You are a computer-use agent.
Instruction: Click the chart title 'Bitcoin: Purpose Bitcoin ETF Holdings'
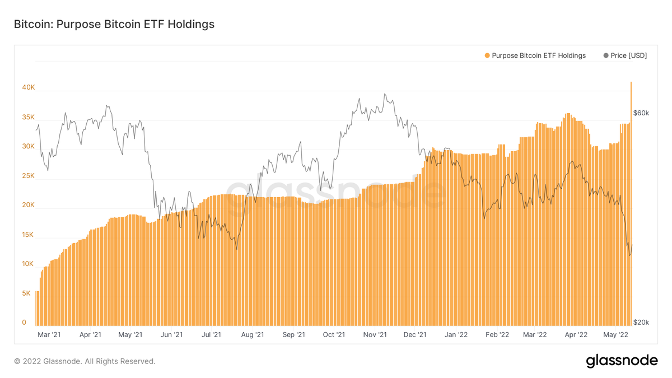pyautogui.click(x=114, y=25)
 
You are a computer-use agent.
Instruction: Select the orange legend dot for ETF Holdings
pyautogui.click(x=487, y=55)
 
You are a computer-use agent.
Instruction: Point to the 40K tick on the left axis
pyautogui.click(x=28, y=88)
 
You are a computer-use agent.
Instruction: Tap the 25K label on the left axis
pyautogui.click(x=28, y=176)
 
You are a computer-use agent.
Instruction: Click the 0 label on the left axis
pyautogui.click(x=24, y=322)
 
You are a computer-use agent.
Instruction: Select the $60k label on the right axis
pyautogui.click(x=641, y=113)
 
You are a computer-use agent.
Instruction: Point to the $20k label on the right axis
pyautogui.click(x=641, y=323)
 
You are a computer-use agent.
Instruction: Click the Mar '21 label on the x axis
pyautogui.click(x=49, y=335)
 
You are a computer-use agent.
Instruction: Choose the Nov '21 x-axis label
pyautogui.click(x=375, y=335)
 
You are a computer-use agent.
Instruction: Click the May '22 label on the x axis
pyautogui.click(x=616, y=335)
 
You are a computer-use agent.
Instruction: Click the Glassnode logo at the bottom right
pyautogui.click(x=622, y=361)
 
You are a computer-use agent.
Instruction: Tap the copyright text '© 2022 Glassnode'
pyautogui.click(x=85, y=361)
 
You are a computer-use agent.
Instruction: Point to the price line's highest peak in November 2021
pyautogui.click(x=385, y=94)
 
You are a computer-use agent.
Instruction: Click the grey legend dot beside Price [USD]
pyautogui.click(x=606, y=55)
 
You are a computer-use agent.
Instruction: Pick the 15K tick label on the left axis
pyautogui.click(x=28, y=235)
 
